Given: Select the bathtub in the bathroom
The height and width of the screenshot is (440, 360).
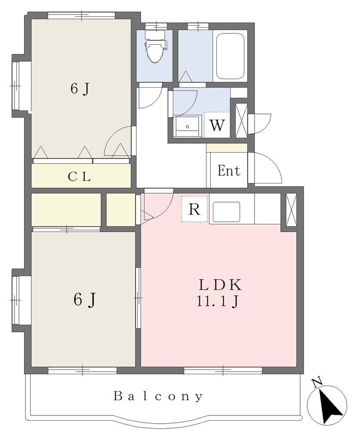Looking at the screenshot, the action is [230, 56].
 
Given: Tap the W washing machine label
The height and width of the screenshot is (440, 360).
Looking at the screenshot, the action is [217, 125].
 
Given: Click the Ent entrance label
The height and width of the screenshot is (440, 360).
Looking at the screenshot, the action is [229, 171].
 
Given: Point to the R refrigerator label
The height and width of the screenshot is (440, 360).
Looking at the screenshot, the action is [194, 209].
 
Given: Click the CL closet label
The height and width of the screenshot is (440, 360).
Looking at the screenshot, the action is [79, 177].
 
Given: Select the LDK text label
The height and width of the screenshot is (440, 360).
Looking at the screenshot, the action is [220, 285].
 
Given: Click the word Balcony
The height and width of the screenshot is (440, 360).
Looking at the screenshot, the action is [158, 396].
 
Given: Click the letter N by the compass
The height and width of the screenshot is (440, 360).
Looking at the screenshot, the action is [317, 383].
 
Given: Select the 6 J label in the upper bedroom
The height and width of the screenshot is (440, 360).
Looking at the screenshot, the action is [80, 89].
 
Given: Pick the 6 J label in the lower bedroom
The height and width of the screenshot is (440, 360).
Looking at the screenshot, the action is [85, 299].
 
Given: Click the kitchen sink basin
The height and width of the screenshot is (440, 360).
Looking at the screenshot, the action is [226, 212].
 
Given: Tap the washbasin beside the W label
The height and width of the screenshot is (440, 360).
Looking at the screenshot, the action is [187, 126].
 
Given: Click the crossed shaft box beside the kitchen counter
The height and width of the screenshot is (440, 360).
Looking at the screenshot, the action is [291, 210].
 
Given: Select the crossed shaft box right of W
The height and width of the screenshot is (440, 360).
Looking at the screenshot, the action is [241, 121].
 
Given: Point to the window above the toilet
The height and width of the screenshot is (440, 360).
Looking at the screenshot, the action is [156, 26].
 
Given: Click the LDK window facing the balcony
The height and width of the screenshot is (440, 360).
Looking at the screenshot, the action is [223, 370].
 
